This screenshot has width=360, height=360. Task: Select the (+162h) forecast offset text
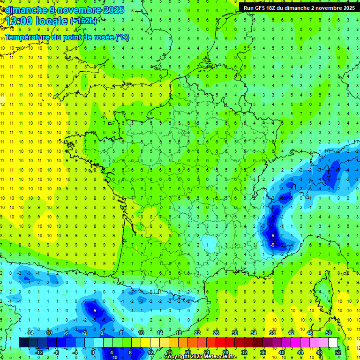click(83, 21)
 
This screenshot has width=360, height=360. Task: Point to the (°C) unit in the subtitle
click(123, 37)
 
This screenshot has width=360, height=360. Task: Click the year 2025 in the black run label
click(346, 7)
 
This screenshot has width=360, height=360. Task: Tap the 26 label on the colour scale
click(216, 332)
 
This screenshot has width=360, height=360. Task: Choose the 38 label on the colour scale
click(272, 332)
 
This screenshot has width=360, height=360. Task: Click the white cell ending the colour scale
click(333, 342)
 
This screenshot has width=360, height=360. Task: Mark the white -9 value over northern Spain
click(95, 310)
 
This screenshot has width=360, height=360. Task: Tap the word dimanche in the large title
click(24, 10)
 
